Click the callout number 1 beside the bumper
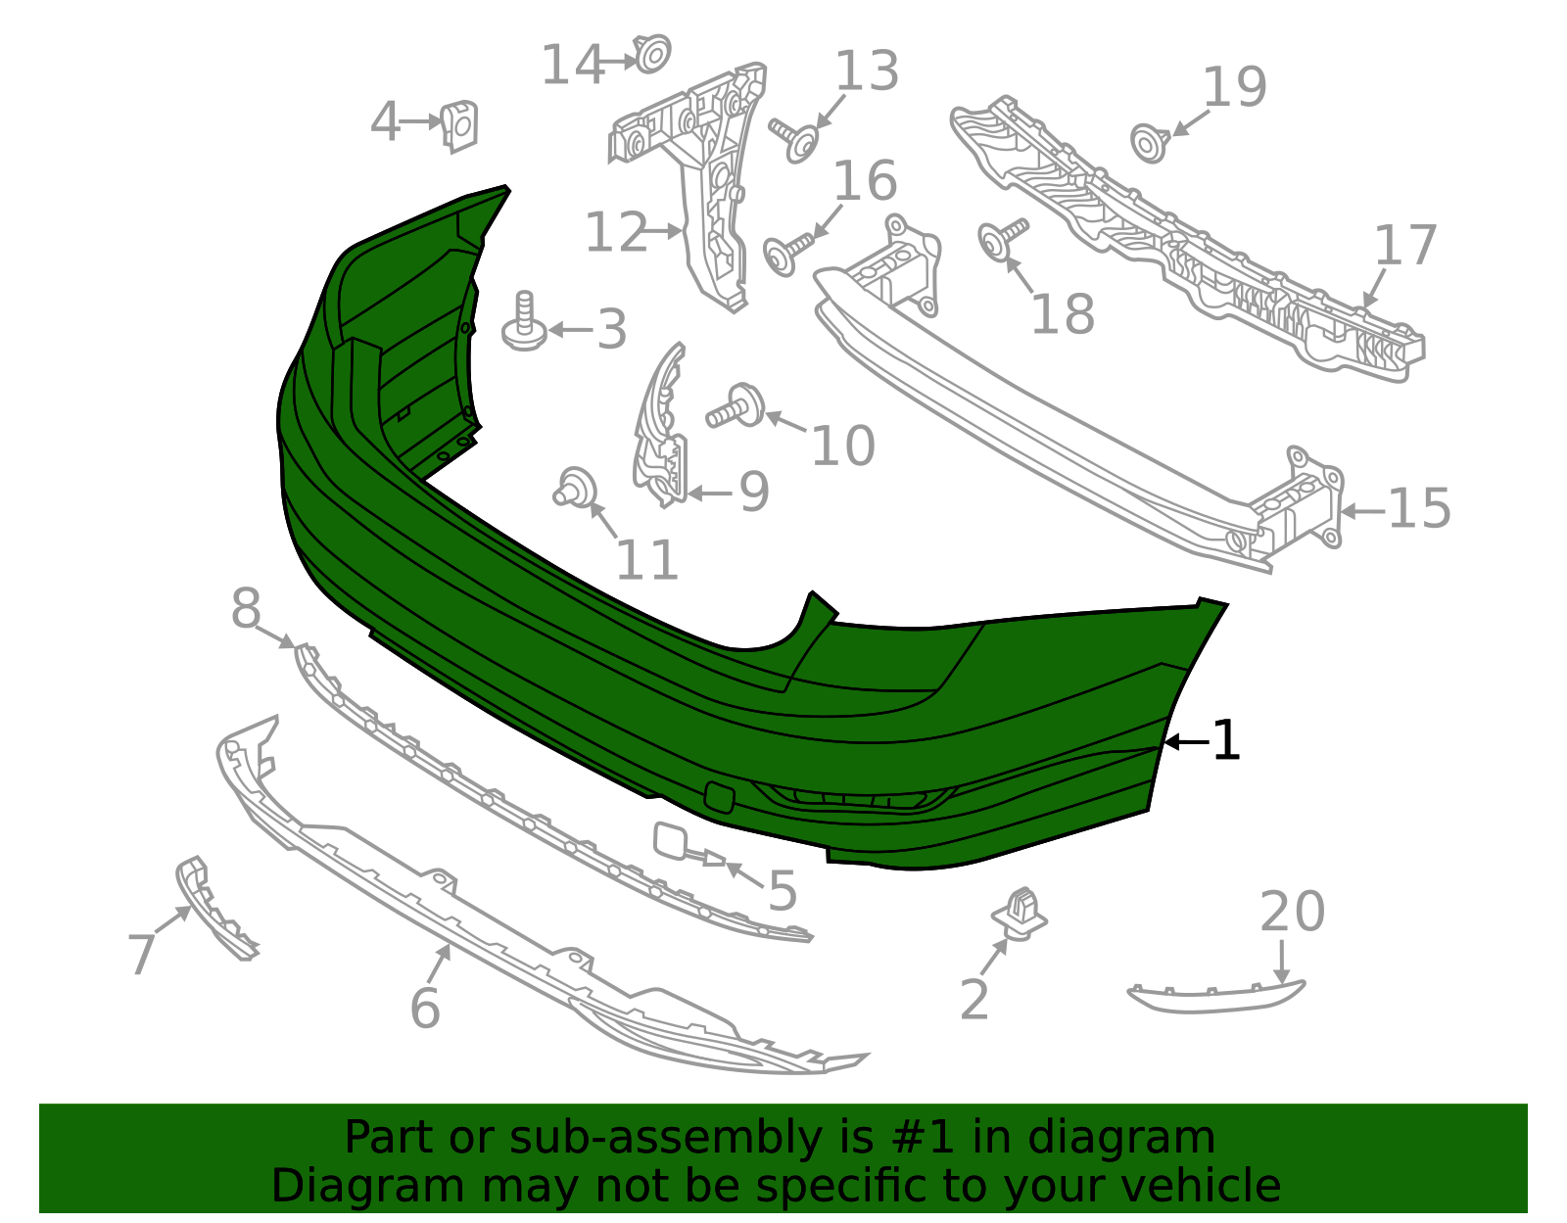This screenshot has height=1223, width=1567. [1226, 741]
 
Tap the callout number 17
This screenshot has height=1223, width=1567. [1405, 246]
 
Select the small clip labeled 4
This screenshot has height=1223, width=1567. [458, 126]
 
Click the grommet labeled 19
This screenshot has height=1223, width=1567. [1148, 143]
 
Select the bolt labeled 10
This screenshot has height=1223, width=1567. [738, 406]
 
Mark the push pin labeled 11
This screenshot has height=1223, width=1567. [575, 488]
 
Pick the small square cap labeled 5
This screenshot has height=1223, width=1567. [672, 840]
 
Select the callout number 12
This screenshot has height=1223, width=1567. [616, 233]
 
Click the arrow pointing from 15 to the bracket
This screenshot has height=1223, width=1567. [1362, 511]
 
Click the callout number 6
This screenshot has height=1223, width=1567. [425, 1009]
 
